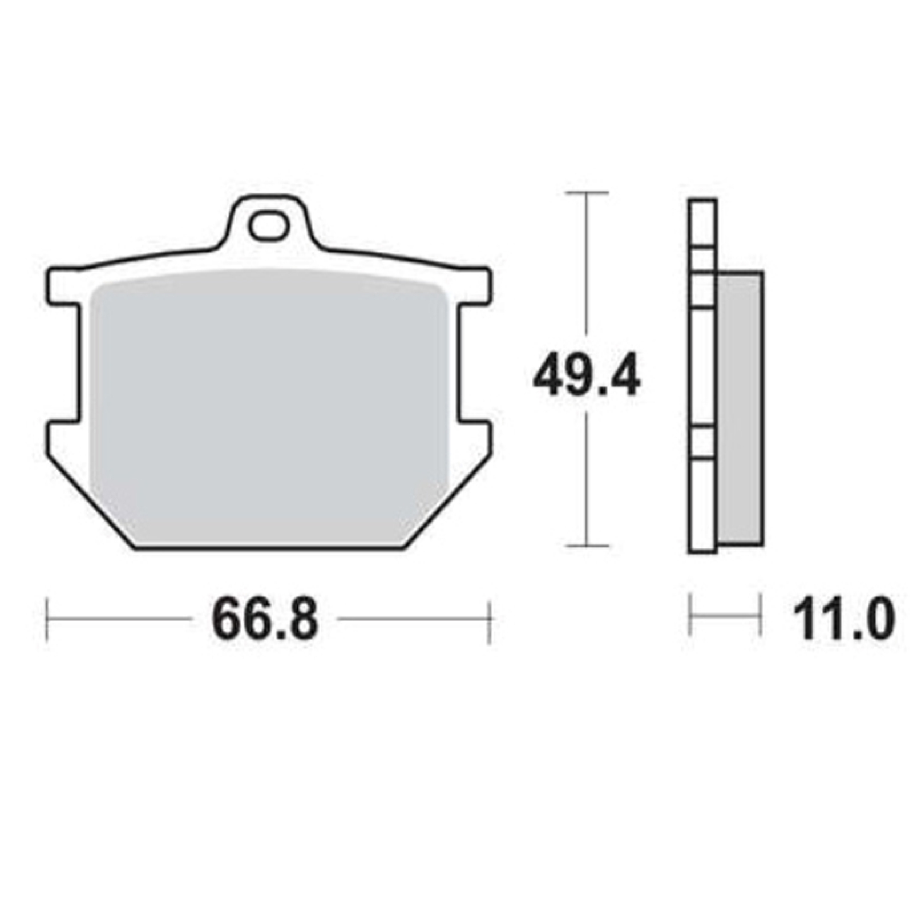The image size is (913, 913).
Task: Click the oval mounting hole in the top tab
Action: coord(268,226)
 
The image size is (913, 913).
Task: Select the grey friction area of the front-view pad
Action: coord(268,405)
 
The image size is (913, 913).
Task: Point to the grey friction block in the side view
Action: coord(740,408)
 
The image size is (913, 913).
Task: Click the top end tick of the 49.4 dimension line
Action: coord(586,193)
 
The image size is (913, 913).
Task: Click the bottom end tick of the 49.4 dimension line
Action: coord(586,546)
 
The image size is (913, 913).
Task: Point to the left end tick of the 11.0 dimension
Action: coord(690,615)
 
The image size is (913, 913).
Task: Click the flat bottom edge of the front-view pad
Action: coord(268,549)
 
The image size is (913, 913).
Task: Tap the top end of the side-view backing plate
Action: coord(702,201)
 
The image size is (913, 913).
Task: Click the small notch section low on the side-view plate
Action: coord(702,442)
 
